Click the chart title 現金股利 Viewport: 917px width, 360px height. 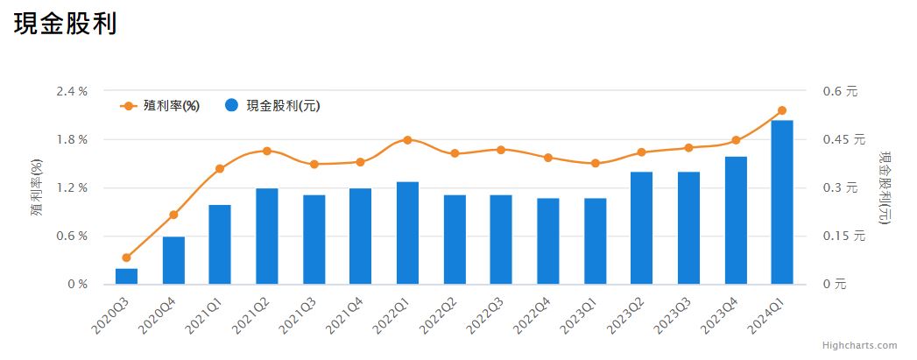pyautogui.click(x=66, y=24)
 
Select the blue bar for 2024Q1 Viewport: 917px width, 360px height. pyautogui.click(x=782, y=202)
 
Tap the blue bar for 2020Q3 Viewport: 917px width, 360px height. pyautogui.click(x=127, y=276)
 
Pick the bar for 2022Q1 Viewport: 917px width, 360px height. pyautogui.click(x=407, y=233)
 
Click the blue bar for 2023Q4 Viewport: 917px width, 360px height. pyautogui.click(x=736, y=221)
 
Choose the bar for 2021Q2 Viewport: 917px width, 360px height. pyautogui.click(x=267, y=236)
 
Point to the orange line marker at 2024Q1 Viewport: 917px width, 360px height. pyautogui.click(x=782, y=110)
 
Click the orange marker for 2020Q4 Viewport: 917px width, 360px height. pyautogui.click(x=173, y=215)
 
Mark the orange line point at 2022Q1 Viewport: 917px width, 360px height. pyautogui.click(x=407, y=140)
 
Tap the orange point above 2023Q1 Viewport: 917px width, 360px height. pyautogui.click(x=595, y=163)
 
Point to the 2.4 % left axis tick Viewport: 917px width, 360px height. pyautogui.click(x=71, y=91)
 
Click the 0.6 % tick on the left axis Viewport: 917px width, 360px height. pyautogui.click(x=71, y=236)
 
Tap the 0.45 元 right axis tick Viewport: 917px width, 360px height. pyautogui.click(x=843, y=139)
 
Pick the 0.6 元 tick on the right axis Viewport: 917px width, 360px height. pyautogui.click(x=839, y=91)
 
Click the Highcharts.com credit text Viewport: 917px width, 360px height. pyautogui.click(x=860, y=346)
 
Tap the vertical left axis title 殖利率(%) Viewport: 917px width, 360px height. pyautogui.click(x=37, y=187)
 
